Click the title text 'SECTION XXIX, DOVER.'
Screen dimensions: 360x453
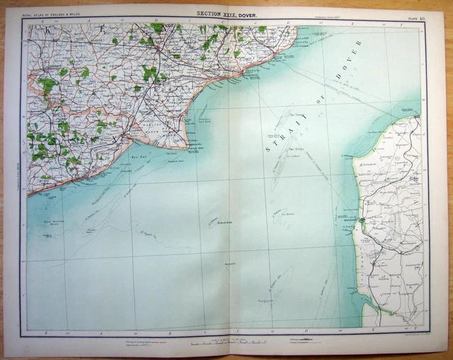coord(227,13)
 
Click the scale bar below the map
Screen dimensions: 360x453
coord(228,342)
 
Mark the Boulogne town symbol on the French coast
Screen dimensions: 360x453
coord(362,221)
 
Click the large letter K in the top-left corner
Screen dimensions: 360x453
coord(48,30)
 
